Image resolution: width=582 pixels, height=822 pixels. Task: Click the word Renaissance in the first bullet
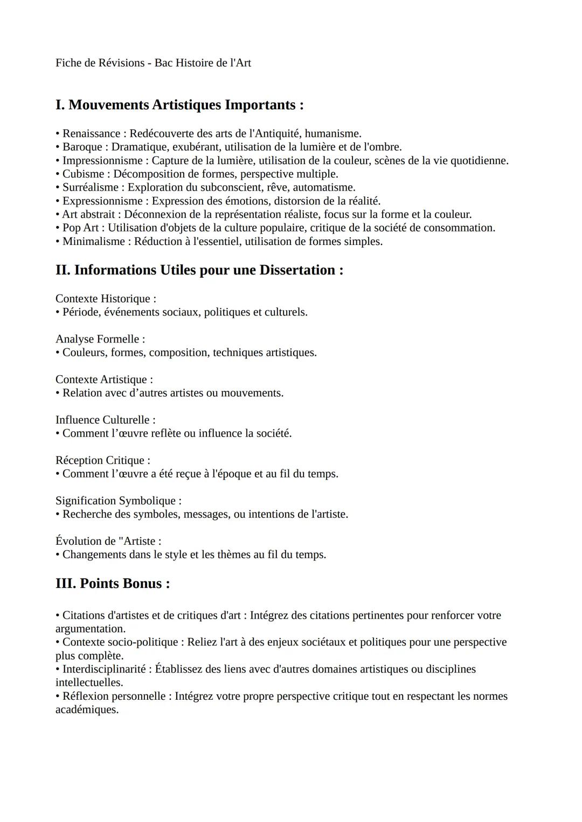point(91,134)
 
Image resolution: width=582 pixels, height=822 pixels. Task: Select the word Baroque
point(82,147)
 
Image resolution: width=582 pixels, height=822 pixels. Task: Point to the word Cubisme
point(83,174)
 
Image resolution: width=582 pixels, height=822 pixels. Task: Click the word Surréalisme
point(90,187)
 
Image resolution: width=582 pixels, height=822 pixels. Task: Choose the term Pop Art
point(80,228)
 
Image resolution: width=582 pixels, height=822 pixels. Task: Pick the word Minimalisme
point(93,241)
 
